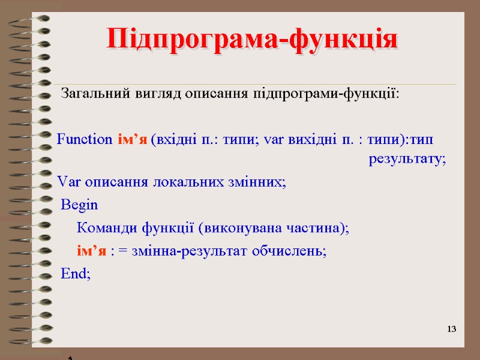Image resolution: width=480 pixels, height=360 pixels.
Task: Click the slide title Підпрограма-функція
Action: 252,40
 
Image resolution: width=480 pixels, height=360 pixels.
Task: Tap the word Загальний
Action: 88,94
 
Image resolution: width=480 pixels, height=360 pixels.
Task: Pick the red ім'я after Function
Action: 131,140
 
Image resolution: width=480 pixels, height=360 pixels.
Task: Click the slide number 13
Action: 452,329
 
